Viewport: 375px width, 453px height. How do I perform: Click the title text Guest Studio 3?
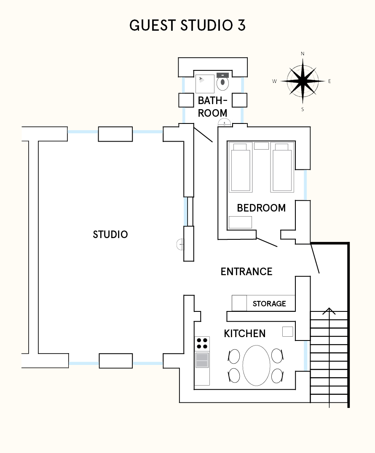point(187,25)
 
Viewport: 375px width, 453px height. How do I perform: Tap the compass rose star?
point(303,81)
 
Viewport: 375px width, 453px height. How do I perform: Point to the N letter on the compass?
point(303,54)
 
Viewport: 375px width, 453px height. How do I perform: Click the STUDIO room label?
point(110,234)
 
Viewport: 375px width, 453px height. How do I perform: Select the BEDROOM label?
point(261,208)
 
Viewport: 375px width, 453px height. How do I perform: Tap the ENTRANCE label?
point(246,271)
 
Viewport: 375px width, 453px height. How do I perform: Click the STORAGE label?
point(269,304)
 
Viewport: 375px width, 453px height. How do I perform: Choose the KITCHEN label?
point(245,333)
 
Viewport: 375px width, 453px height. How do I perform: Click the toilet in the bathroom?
point(222,81)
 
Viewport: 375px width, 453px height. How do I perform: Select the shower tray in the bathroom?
point(205,84)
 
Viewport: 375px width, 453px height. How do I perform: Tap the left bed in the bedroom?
point(241,167)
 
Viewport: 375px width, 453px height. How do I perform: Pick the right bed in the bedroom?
point(282,167)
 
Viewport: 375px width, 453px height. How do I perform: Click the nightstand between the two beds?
point(262,146)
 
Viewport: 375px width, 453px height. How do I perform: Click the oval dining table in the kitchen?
point(256,365)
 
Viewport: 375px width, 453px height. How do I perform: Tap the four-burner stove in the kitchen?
point(202,343)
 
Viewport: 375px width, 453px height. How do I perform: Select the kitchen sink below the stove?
point(202,360)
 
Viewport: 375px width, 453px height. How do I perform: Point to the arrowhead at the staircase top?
point(329,311)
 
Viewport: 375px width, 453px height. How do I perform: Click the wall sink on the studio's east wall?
point(180,244)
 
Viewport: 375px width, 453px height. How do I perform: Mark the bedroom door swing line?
point(267,242)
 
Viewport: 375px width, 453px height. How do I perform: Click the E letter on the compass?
point(329,81)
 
